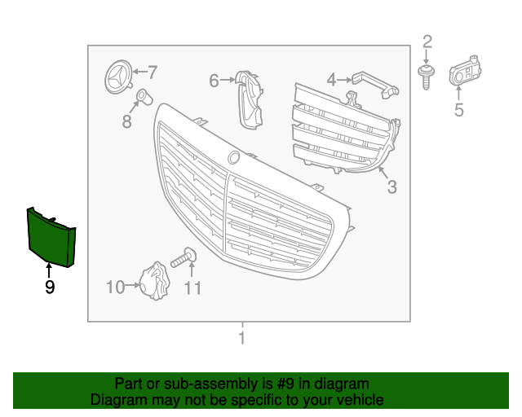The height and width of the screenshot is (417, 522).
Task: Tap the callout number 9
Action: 50,287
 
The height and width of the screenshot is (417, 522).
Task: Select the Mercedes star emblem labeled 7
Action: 118,79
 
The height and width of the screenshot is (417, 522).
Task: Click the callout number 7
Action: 152,72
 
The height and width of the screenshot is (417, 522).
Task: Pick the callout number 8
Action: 126,121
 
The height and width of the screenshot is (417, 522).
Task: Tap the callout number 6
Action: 215,81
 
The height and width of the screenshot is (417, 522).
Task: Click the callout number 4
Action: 331,79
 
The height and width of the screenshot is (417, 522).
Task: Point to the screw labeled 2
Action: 424,77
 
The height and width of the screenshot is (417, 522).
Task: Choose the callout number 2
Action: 427,42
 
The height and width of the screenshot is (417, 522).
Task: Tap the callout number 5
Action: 458,110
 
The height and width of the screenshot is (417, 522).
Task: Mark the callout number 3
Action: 391,187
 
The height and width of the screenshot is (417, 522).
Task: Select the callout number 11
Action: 192,288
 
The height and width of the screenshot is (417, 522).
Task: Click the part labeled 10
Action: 153,281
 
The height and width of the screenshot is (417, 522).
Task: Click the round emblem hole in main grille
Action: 234,156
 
